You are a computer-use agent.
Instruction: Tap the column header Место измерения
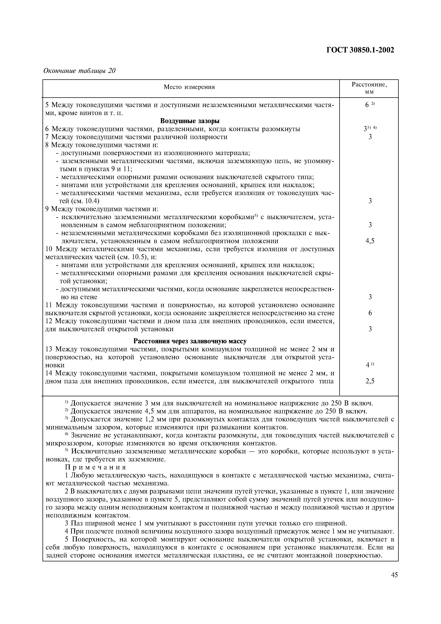click(189, 87)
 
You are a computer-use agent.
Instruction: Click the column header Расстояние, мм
click(369, 88)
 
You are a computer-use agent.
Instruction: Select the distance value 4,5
click(370, 241)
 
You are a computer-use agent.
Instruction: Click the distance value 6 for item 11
click(370, 313)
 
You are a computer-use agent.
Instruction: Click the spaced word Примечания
click(96, 467)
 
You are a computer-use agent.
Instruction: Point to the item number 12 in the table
click(49, 321)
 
